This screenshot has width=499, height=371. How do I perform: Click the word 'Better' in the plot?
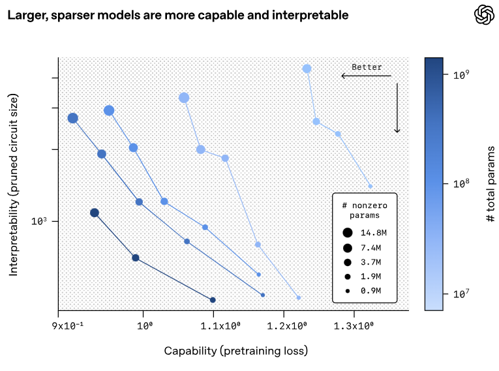367,67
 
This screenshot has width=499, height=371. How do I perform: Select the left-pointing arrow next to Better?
366,76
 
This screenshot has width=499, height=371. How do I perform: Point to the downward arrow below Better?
397,108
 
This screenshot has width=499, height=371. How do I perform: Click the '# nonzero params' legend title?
364,209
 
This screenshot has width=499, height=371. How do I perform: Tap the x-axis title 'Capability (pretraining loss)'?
235,351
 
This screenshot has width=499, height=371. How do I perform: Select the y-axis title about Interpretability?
13,185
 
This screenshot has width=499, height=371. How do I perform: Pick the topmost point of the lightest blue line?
307,68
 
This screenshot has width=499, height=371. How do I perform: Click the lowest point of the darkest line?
213,300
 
